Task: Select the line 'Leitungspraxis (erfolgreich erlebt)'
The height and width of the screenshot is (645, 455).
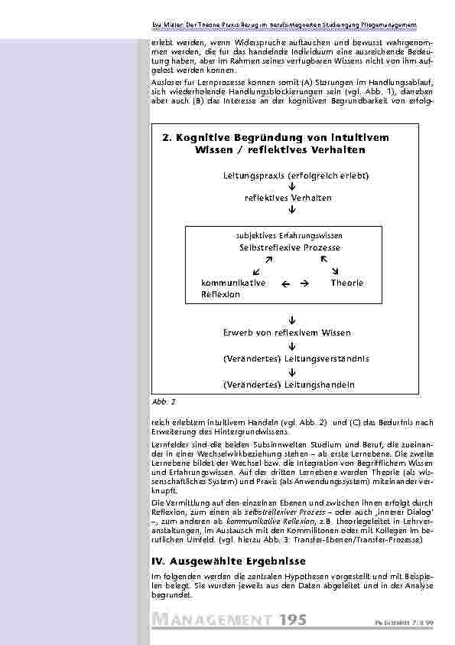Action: point(296,176)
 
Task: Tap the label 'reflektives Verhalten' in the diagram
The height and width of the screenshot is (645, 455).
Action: point(288,198)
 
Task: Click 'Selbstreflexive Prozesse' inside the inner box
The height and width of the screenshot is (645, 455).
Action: point(290,248)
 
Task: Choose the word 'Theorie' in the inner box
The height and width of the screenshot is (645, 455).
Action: point(347,283)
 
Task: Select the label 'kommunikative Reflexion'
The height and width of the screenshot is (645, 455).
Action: point(232,289)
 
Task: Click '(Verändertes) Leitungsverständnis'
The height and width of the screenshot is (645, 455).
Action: point(296,358)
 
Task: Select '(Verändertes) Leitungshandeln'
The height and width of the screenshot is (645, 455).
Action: point(288,384)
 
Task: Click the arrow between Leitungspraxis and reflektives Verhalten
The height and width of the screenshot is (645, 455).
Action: point(292,187)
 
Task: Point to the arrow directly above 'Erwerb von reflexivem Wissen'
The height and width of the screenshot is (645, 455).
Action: point(292,317)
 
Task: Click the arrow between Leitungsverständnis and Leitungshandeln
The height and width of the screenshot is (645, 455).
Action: point(292,372)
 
